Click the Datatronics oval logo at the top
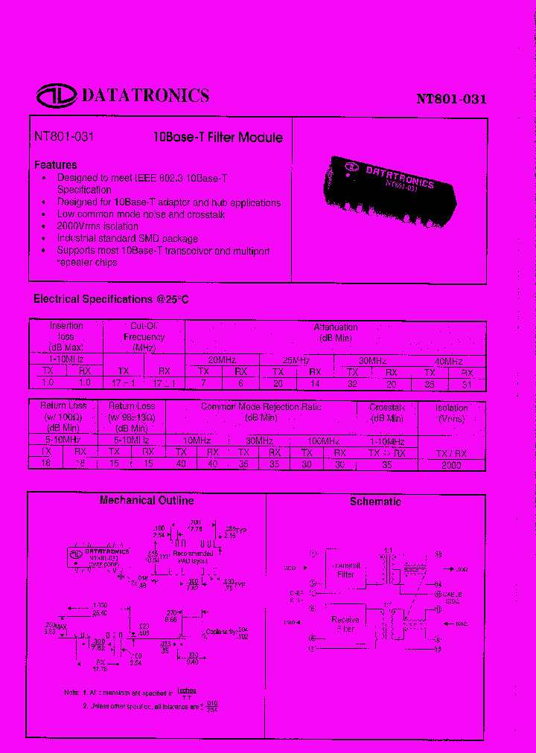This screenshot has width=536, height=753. point(56,95)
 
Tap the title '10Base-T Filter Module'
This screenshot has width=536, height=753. point(217,138)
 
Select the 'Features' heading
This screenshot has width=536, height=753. point(56,164)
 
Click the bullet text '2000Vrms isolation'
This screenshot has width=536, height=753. point(98,226)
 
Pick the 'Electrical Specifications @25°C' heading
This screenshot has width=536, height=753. point(111,299)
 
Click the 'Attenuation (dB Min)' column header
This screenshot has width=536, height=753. point(336,332)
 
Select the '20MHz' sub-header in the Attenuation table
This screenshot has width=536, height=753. point(222,359)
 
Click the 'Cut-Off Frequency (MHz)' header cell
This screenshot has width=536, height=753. point(144,336)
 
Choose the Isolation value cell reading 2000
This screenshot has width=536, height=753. point(451,464)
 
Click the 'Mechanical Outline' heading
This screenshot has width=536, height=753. point(147,501)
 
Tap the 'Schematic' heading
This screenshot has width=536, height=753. point(375,502)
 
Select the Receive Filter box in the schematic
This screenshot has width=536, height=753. point(345,624)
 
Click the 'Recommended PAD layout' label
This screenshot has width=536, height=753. point(193,557)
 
